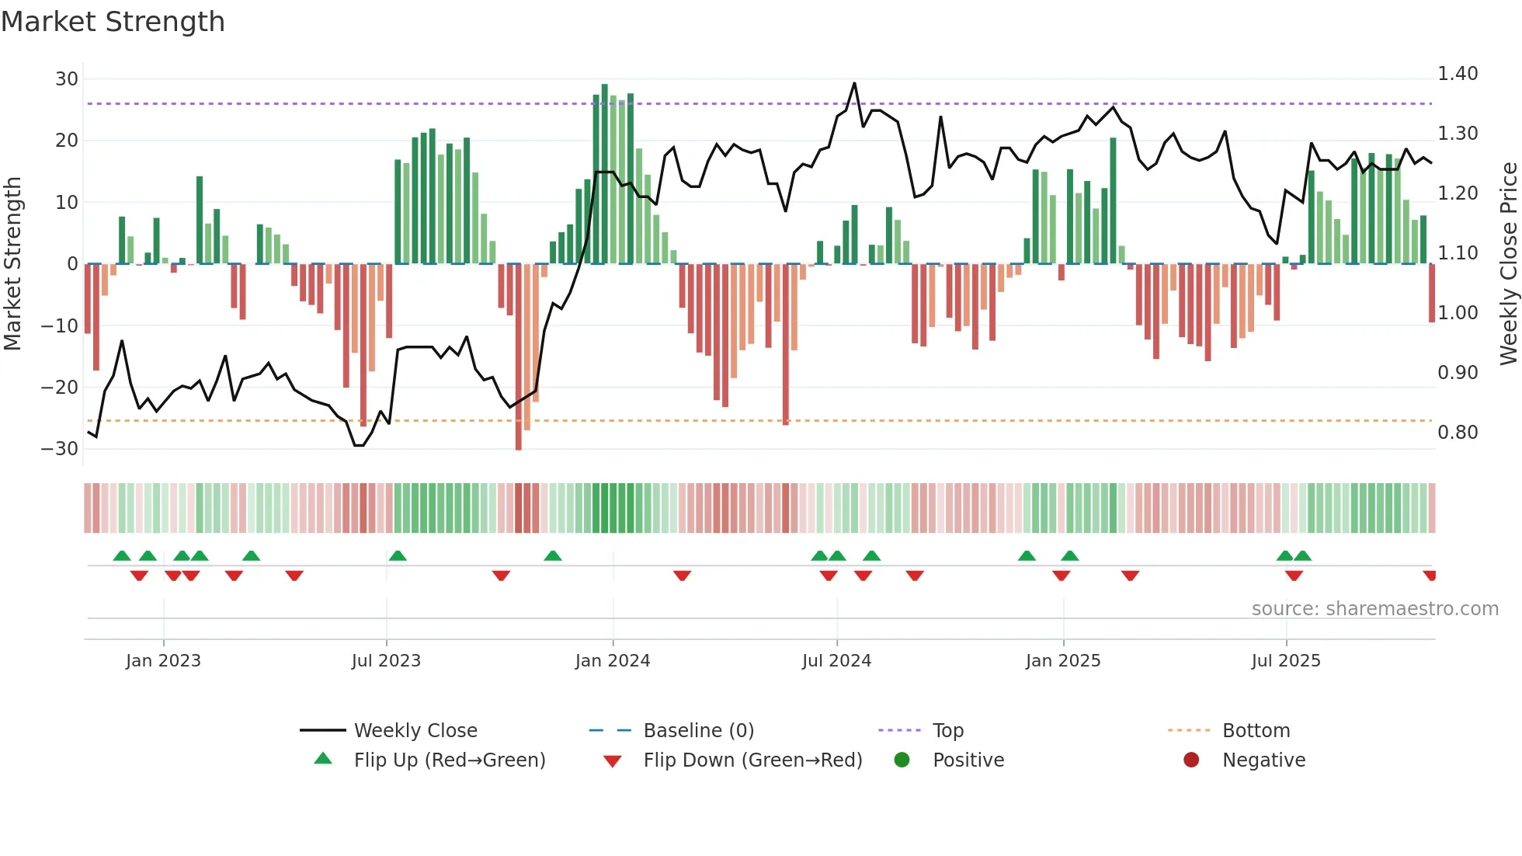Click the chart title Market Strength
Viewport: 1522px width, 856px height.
(x=113, y=22)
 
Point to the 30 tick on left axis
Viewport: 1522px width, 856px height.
(x=67, y=78)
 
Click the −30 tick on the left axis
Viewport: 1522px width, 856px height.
(x=60, y=448)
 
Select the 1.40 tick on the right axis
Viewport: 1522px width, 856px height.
(x=1458, y=74)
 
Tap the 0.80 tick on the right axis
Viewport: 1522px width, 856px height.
(x=1458, y=433)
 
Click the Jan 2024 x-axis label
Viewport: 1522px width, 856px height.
(x=613, y=661)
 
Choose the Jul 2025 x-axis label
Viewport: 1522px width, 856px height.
(x=1286, y=661)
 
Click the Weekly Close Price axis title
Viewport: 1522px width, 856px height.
(x=1508, y=264)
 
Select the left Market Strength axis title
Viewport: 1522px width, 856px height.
(x=12, y=264)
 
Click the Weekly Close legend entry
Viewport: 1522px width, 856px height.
(x=415, y=731)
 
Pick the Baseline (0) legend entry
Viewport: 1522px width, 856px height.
(x=699, y=731)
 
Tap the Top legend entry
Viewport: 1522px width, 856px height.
(x=948, y=731)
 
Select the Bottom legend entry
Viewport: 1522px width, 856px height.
(x=1256, y=731)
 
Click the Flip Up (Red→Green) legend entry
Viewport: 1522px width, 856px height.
(x=450, y=760)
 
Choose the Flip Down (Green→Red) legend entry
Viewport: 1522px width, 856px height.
(x=752, y=760)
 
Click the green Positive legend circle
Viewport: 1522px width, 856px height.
(x=902, y=760)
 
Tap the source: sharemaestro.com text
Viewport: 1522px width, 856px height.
(x=1374, y=609)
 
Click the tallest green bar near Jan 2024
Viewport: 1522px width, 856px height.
(x=605, y=171)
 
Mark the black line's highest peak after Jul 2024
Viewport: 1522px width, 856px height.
(x=854, y=83)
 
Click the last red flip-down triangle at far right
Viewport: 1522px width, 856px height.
(x=1430, y=576)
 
